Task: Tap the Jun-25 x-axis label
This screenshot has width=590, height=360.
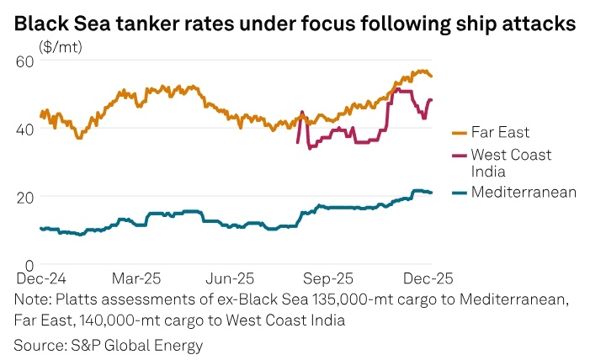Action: (231, 277)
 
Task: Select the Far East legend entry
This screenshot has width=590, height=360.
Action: (500, 132)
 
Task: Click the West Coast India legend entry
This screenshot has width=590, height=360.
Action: (511, 162)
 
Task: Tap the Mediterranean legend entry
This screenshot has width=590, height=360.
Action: (524, 193)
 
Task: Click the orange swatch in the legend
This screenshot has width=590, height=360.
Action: (460, 132)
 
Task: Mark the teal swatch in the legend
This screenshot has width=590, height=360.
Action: (460, 193)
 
